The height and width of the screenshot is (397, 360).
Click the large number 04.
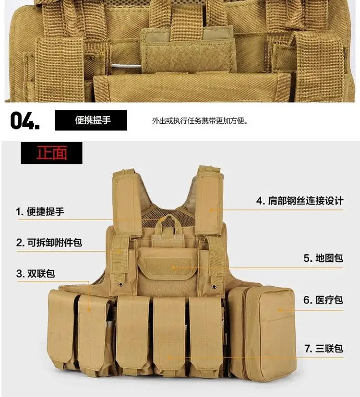tap(25, 121)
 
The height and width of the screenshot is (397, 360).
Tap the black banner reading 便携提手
tap(91, 120)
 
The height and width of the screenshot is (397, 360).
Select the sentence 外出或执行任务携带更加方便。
tap(200, 121)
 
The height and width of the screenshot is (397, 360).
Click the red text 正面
tap(52, 152)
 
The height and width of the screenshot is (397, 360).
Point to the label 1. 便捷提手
tap(40, 211)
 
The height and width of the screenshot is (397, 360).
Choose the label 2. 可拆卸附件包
tap(49, 242)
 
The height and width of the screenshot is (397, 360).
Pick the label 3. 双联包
tap(36, 273)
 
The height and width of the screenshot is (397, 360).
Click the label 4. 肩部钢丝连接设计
tap(300, 201)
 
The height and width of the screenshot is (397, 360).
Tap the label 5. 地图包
tap(323, 258)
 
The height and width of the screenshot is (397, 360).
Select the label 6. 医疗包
tap(323, 300)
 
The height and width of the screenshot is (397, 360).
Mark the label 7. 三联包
tap(324, 349)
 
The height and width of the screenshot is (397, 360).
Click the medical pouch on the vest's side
tap(263, 332)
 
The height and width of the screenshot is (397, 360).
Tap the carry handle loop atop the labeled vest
tap(168, 222)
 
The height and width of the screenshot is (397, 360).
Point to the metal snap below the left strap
tap(120, 285)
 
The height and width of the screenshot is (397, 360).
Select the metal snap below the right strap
tap(215, 286)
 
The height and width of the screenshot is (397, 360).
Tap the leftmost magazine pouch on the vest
tap(61, 329)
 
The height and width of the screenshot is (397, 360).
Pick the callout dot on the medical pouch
tap(280, 310)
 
